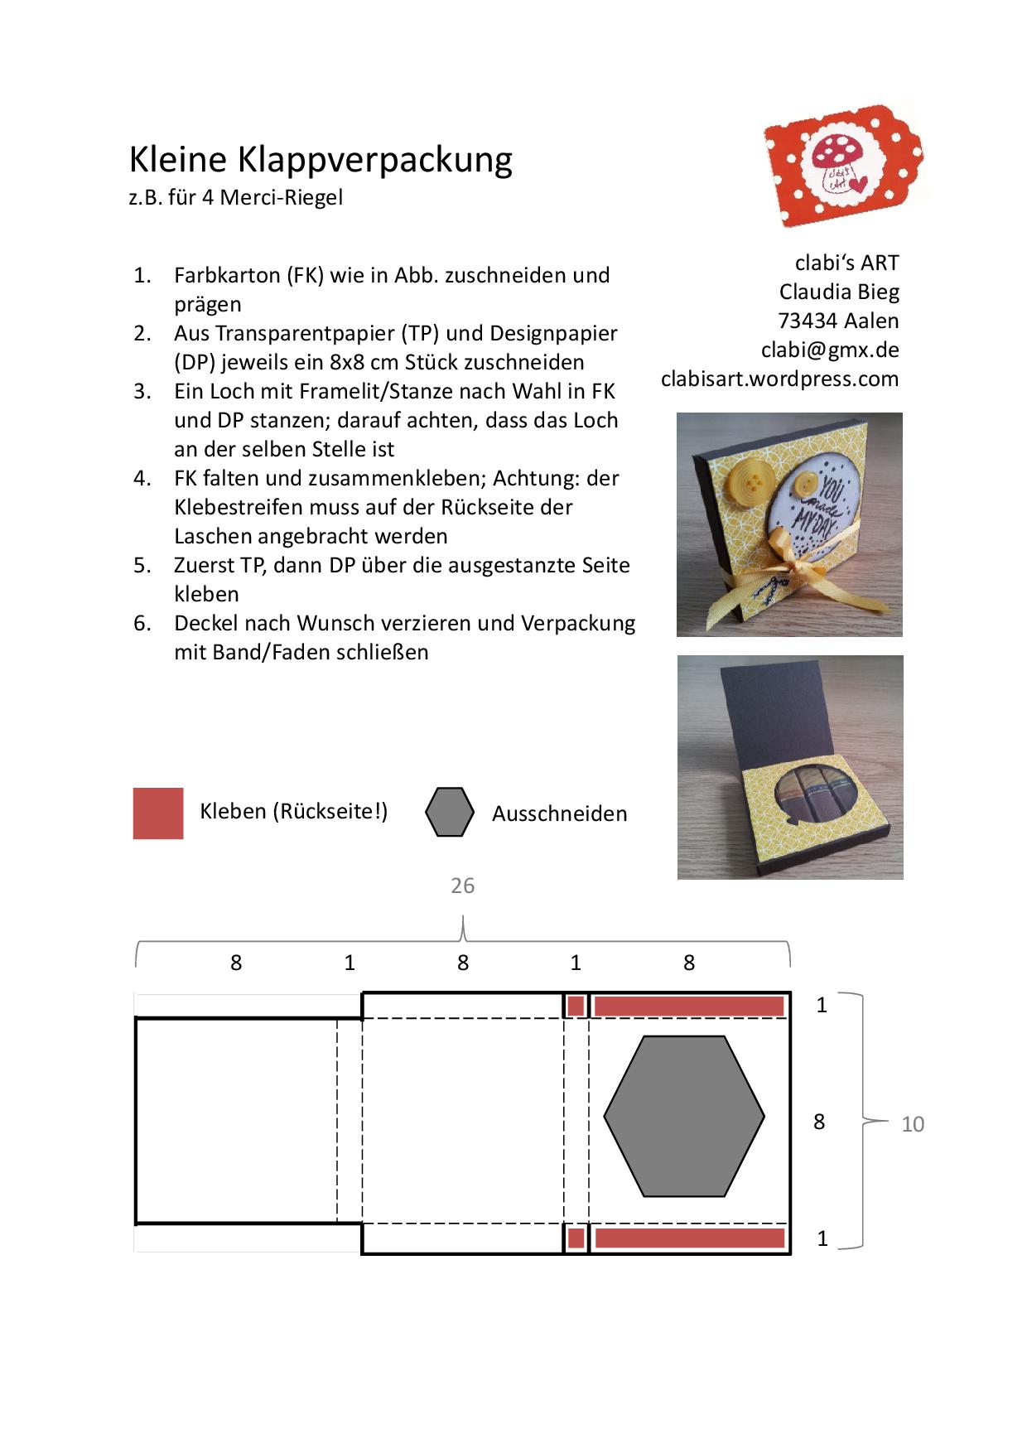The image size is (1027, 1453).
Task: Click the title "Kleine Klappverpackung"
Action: click(321, 159)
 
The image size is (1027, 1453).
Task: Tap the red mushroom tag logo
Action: click(845, 166)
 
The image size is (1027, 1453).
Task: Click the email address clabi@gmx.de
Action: click(830, 350)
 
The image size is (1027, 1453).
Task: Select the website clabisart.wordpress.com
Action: click(779, 379)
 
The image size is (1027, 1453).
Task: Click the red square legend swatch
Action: click(158, 813)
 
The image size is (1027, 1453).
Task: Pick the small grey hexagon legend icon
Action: click(450, 812)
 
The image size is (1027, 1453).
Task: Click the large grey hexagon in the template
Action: click(684, 1116)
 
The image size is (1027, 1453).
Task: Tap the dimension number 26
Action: click(462, 886)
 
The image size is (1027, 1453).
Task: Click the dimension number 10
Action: click(912, 1124)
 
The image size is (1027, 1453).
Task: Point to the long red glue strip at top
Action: click(689, 1006)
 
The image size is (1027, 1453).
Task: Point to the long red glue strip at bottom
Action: click(689, 1238)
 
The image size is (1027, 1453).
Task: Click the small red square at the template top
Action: click(576, 1006)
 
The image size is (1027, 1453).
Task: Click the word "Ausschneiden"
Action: click(559, 813)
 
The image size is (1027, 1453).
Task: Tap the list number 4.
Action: click(142, 478)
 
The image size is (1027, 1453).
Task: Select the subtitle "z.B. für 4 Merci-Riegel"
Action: click(235, 198)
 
